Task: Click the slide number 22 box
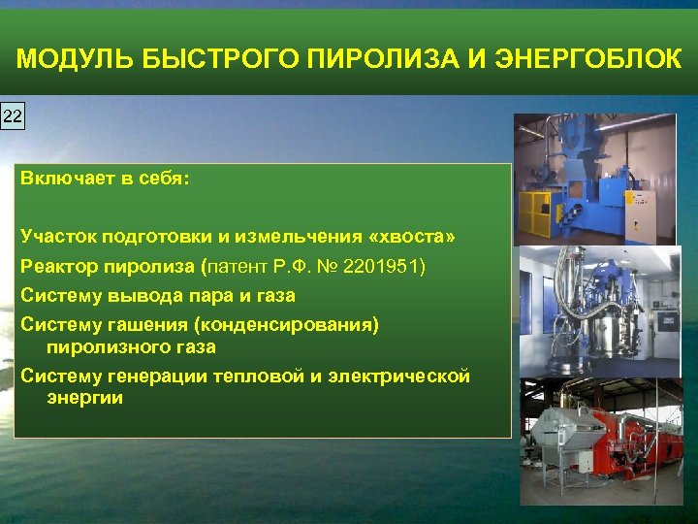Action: tap(12, 116)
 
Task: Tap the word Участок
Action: tap(57, 238)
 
